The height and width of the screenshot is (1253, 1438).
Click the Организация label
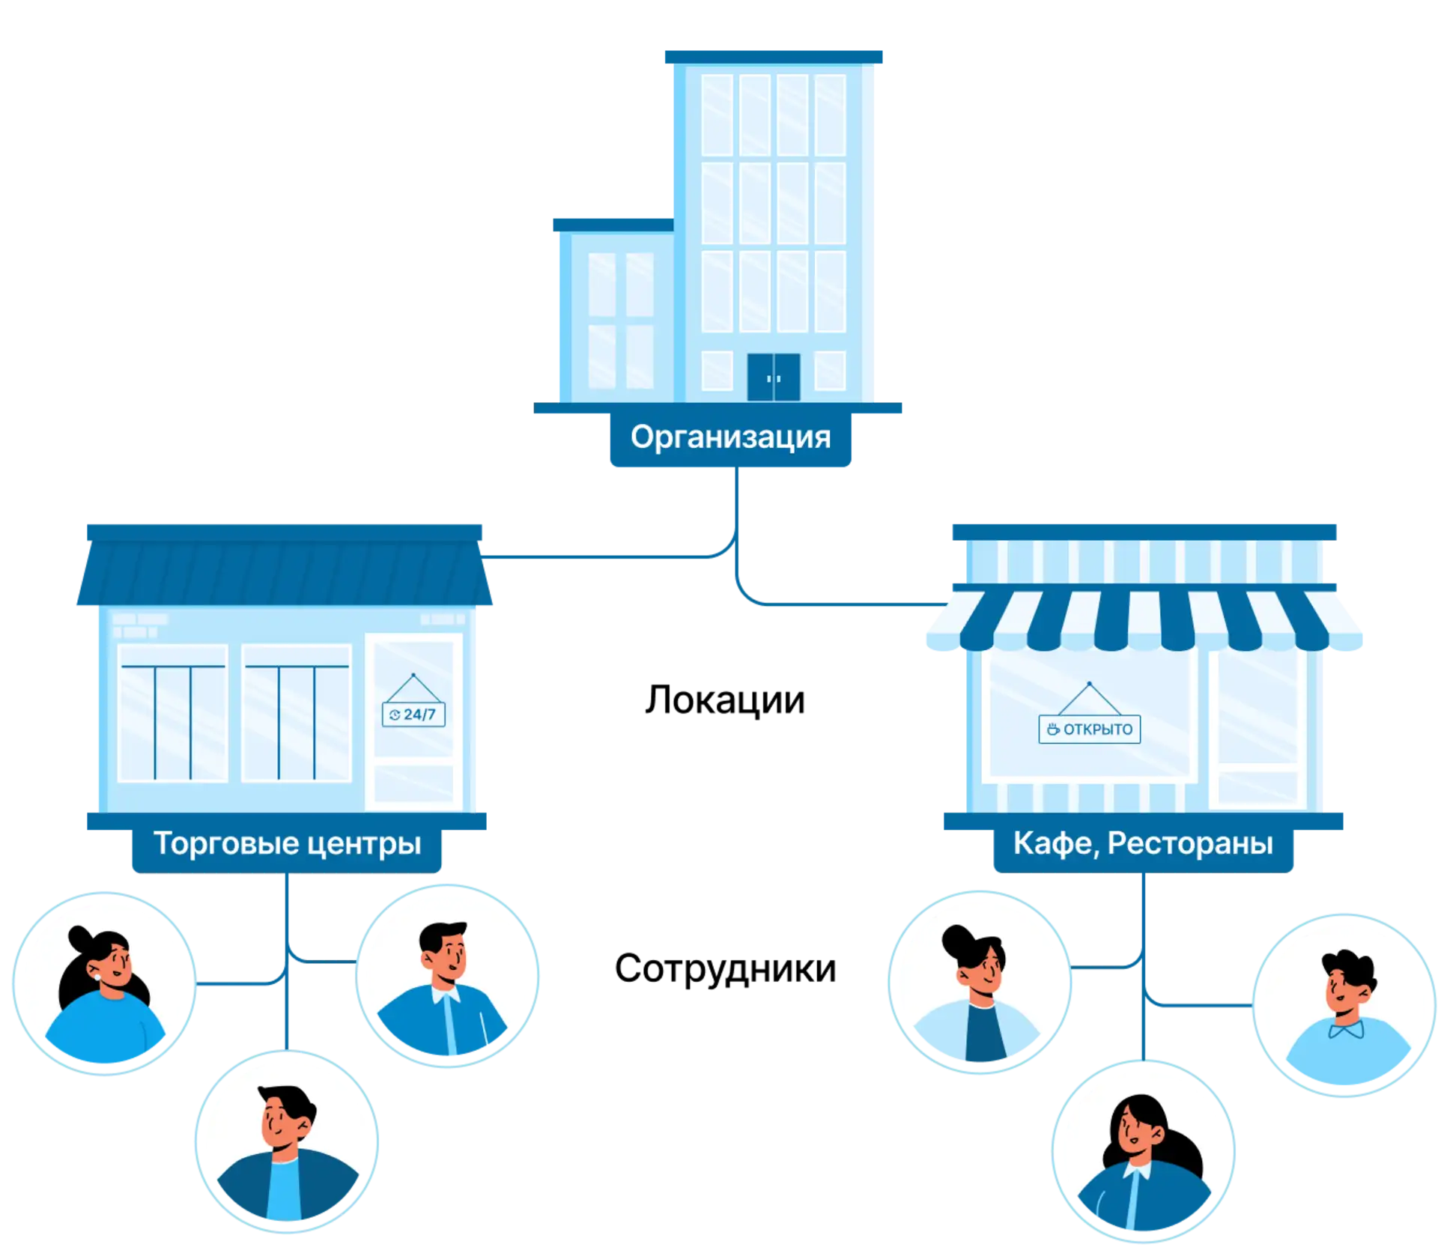click(730, 437)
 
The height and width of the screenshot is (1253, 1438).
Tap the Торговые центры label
click(287, 844)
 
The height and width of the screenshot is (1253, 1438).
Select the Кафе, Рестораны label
click(1142, 844)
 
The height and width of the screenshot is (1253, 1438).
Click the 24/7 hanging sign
click(413, 714)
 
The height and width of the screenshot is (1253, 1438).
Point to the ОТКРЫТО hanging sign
click(1090, 729)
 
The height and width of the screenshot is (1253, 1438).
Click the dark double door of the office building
click(774, 377)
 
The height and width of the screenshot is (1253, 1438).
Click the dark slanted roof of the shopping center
click(285, 573)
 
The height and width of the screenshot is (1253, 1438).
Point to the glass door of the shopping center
click(413, 723)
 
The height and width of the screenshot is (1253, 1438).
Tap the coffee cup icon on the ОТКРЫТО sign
click(1053, 729)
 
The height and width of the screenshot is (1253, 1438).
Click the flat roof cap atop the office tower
click(773, 57)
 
